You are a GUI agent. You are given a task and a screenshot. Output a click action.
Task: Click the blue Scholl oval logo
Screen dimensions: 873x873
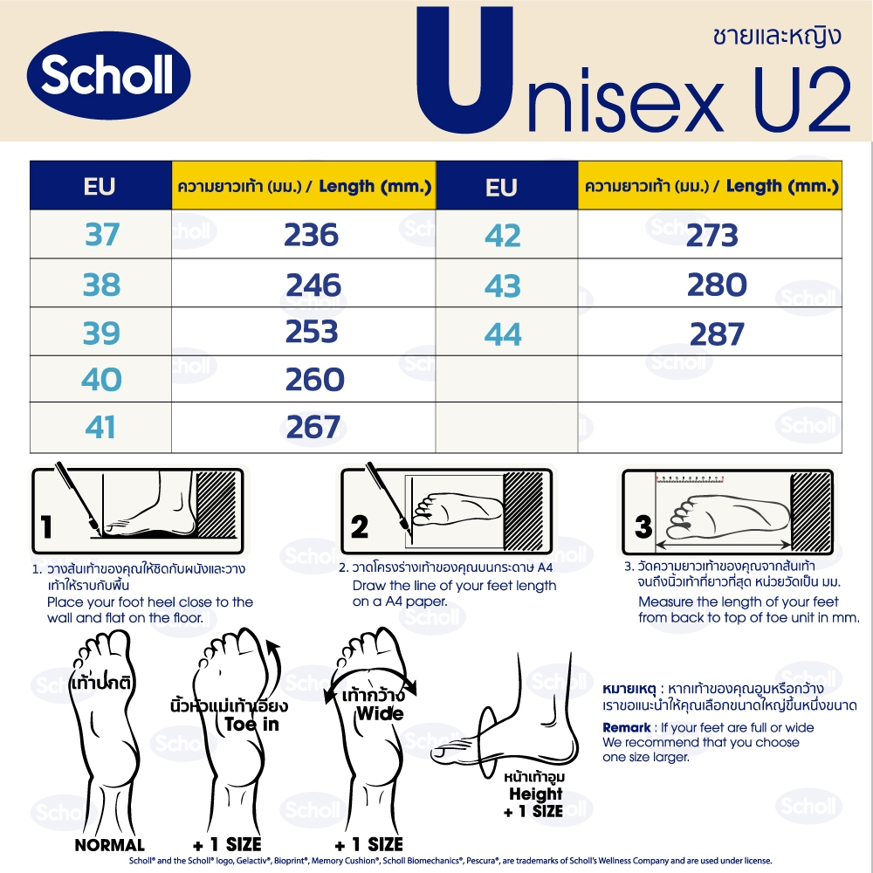pyautogui.click(x=108, y=76)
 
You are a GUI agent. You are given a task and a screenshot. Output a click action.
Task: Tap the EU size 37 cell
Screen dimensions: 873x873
pyautogui.click(x=102, y=234)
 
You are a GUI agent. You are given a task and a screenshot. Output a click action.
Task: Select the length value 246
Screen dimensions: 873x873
pyautogui.click(x=313, y=285)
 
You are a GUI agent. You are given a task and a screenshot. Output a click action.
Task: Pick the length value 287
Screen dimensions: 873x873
pyautogui.click(x=717, y=334)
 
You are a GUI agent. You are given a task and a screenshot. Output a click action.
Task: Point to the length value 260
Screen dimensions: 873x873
pyautogui.click(x=314, y=380)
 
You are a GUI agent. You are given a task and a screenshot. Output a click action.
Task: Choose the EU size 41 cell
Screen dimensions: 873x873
pyautogui.click(x=100, y=428)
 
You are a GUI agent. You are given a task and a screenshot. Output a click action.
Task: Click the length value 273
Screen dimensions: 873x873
pyautogui.click(x=712, y=235)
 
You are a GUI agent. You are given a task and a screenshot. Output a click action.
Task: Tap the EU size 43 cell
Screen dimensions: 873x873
pyautogui.click(x=503, y=285)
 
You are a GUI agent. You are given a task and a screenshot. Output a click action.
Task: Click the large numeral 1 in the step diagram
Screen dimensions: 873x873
pyautogui.click(x=46, y=526)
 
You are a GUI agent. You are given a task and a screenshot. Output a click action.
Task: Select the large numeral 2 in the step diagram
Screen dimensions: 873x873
pyautogui.click(x=360, y=526)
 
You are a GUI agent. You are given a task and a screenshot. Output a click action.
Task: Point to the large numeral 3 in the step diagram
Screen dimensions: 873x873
pyautogui.click(x=643, y=526)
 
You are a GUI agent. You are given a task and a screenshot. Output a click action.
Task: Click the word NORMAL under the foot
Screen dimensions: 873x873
pyautogui.click(x=110, y=845)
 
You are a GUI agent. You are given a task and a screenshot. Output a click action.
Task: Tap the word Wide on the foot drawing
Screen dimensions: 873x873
pyautogui.click(x=381, y=714)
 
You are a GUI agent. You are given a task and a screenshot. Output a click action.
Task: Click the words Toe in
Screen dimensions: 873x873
pyautogui.click(x=251, y=725)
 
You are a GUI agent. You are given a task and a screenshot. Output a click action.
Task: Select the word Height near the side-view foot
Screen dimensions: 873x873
pyautogui.click(x=536, y=794)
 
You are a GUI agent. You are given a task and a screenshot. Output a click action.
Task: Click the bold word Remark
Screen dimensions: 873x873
pyautogui.click(x=626, y=728)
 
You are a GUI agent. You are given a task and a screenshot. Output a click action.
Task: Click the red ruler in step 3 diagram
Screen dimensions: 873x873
pyautogui.click(x=690, y=478)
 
